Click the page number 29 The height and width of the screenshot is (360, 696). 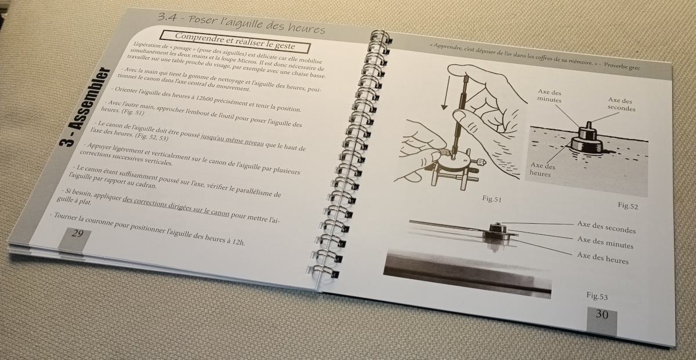pyautogui.click(x=77, y=233)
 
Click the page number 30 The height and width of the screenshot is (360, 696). pyautogui.click(x=601, y=314)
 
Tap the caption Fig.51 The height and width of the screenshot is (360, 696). pyautogui.click(x=492, y=198)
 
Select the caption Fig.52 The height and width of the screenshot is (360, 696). pyautogui.click(x=628, y=206)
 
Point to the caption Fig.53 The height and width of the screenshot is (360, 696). pyautogui.click(x=597, y=296)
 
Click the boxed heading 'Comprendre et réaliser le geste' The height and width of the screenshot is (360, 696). pyautogui.click(x=235, y=41)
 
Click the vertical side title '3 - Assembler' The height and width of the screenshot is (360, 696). pyautogui.click(x=84, y=107)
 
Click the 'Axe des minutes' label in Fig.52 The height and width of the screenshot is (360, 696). pyautogui.click(x=550, y=96)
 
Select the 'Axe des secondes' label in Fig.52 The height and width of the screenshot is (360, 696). pyautogui.click(x=621, y=104)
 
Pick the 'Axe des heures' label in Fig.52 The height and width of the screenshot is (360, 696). pyautogui.click(x=542, y=169)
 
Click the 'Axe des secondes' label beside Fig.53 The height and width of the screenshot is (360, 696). pyautogui.click(x=606, y=227)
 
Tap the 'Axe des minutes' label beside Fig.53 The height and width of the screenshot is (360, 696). pyautogui.click(x=606, y=242)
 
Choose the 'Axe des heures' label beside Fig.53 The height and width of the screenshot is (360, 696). pyautogui.click(x=603, y=258)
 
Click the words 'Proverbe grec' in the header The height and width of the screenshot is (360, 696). pyautogui.click(x=622, y=66)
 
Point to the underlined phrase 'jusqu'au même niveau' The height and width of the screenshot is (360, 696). pyautogui.click(x=232, y=141)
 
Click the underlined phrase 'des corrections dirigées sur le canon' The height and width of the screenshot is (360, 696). pyautogui.click(x=176, y=206)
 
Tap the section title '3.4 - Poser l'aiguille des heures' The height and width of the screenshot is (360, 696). pyautogui.click(x=241, y=23)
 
